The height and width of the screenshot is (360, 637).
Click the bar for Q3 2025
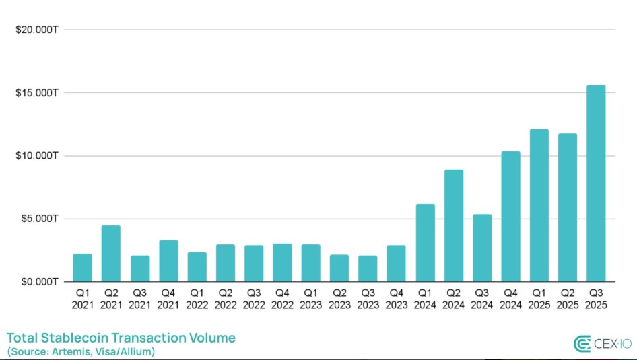coord(596,183)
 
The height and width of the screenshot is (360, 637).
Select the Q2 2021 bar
coord(110,253)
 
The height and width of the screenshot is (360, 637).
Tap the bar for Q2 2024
coord(453,225)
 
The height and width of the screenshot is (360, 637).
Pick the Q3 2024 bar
coord(481,248)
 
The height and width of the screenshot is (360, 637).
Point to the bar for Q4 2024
coord(510,216)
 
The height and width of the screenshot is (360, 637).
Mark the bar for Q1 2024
coord(425,242)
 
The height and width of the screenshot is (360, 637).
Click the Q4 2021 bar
coord(168,260)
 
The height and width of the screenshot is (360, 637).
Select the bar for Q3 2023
coord(368,268)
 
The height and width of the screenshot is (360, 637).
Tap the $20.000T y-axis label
coord(34,29)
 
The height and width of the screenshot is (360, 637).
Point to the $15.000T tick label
coord(34,92)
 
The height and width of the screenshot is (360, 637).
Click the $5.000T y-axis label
coord(36,219)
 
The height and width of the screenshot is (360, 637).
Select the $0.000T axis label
coord(36,282)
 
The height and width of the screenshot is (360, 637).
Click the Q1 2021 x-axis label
coord(82,299)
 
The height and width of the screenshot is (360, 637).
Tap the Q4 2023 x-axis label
coord(396,299)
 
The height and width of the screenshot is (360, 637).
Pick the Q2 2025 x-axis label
coord(568,299)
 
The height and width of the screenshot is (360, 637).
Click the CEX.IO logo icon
coord(582,345)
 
